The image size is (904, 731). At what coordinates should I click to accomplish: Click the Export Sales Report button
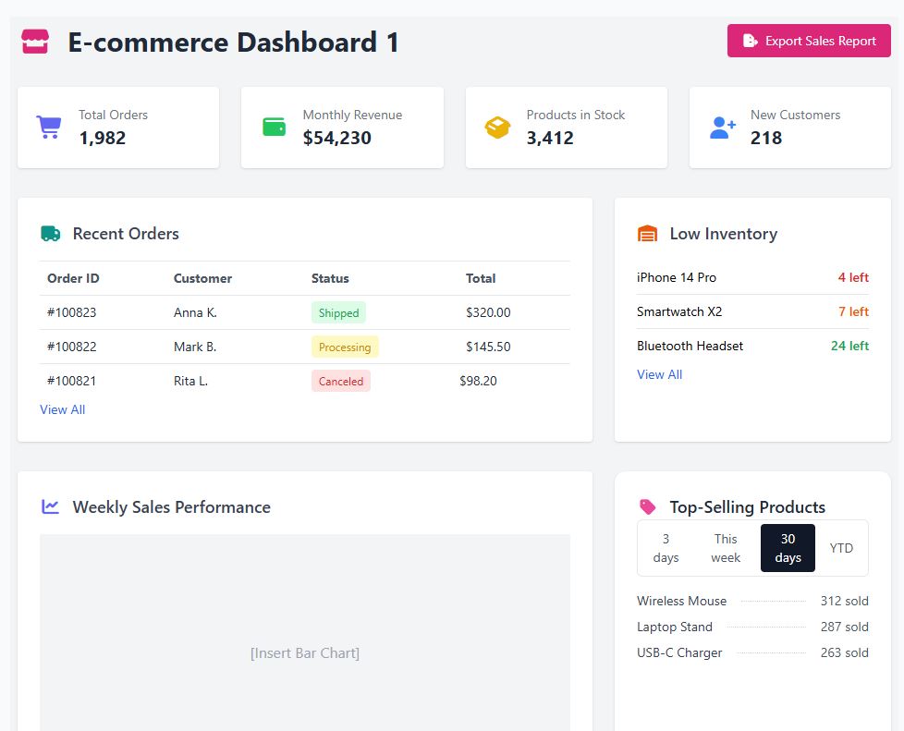pyautogui.click(x=809, y=41)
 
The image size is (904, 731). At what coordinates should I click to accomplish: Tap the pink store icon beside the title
pyautogui.click(x=35, y=42)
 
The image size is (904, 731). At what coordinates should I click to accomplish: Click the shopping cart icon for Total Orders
pyautogui.click(x=48, y=128)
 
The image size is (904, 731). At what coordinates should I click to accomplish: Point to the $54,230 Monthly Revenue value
pyautogui.click(x=336, y=138)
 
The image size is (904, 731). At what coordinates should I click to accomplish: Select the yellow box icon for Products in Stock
pyautogui.click(x=497, y=128)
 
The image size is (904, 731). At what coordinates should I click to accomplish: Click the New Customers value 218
pyautogui.click(x=765, y=138)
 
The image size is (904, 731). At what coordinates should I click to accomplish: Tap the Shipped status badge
pyautogui.click(x=338, y=312)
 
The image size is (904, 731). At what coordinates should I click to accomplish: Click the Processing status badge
pyautogui.click(x=344, y=347)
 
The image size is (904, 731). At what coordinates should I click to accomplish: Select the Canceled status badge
pyautogui.click(x=340, y=381)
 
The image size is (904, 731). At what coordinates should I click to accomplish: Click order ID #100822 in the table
pyautogui.click(x=71, y=347)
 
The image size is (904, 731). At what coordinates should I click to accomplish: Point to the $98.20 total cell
pyautogui.click(x=478, y=381)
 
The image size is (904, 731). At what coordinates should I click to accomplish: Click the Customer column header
pyautogui.click(x=202, y=278)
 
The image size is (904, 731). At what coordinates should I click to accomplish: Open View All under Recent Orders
pyautogui.click(x=62, y=409)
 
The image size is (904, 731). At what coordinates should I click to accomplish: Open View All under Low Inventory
pyautogui.click(x=659, y=374)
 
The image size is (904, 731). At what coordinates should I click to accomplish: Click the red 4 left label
pyautogui.click(x=852, y=277)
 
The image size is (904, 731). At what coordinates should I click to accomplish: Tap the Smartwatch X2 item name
pyautogui.click(x=678, y=311)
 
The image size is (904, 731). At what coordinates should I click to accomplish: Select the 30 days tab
pyautogui.click(x=788, y=548)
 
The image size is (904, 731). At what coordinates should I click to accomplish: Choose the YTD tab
pyautogui.click(x=841, y=548)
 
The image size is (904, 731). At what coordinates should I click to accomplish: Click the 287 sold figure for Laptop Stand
pyautogui.click(x=844, y=627)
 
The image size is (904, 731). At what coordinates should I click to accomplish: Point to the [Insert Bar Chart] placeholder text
pyautogui.click(x=304, y=652)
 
